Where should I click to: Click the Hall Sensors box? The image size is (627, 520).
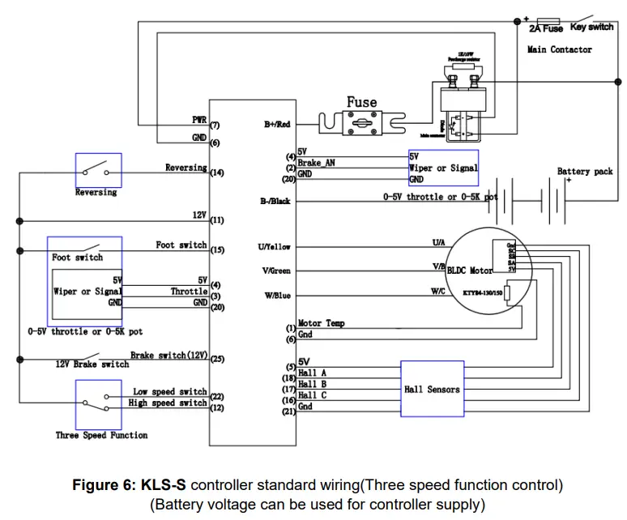[x=432, y=390]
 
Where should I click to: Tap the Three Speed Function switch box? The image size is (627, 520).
[x=98, y=403]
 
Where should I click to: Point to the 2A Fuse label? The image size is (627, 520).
[x=545, y=28]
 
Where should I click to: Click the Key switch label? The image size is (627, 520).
[x=592, y=28]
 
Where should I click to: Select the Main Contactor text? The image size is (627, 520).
[x=560, y=49]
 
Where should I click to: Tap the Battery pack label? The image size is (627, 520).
[x=585, y=172]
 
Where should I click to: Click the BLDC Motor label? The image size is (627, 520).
[x=470, y=271]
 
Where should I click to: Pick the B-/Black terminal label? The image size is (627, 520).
[x=275, y=201]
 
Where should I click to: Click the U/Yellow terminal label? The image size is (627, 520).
[x=274, y=247]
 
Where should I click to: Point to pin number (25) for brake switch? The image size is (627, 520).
[x=217, y=359]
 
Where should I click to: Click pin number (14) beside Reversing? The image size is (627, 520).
[x=217, y=173]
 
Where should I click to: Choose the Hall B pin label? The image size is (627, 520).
[x=312, y=384]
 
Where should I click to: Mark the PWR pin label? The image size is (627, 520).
[x=199, y=120]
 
